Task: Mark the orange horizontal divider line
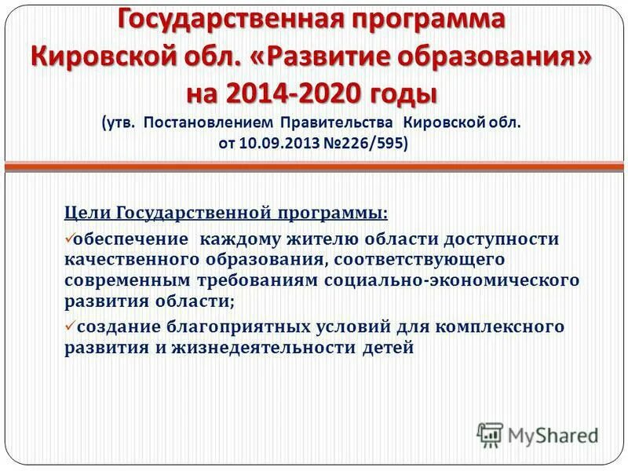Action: pos(314,166)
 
